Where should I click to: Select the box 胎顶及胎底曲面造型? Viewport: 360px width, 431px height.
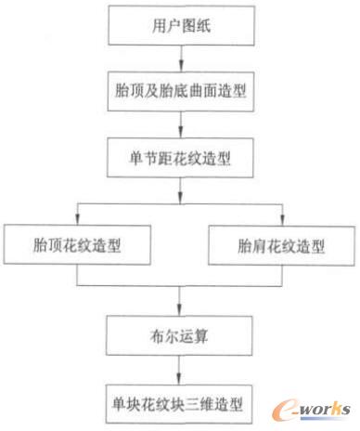tap(179, 92)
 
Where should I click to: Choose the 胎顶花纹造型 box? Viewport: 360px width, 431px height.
tap(77, 246)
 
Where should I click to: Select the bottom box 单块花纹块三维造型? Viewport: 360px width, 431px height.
tap(179, 403)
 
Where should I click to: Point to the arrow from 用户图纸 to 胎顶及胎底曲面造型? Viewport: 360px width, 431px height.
tap(179, 59)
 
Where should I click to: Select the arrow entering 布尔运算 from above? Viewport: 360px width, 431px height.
tap(179, 299)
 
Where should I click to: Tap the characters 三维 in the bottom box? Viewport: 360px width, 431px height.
tap(203, 403)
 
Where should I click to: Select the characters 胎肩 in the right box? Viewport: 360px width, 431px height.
tap(250, 246)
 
